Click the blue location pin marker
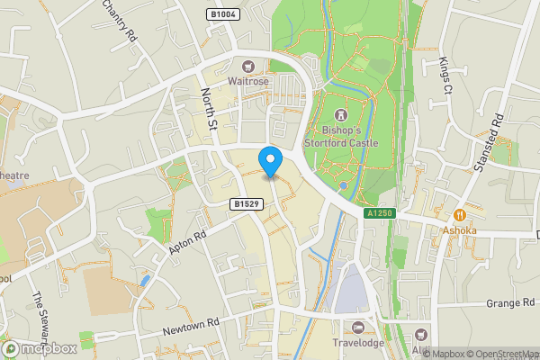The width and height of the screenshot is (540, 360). click(x=270, y=160)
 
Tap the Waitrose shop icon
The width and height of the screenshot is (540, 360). click(x=247, y=66)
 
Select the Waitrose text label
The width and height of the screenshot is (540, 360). click(x=247, y=81)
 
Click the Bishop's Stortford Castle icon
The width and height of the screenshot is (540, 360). click(x=341, y=115)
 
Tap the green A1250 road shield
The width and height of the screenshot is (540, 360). click(x=379, y=213)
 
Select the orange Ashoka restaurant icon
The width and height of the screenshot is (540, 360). click(x=460, y=215)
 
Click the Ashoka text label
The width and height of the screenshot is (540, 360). click(x=460, y=229)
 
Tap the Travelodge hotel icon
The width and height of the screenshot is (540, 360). click(x=358, y=327)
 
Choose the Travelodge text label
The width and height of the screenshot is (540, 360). click(x=358, y=342)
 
